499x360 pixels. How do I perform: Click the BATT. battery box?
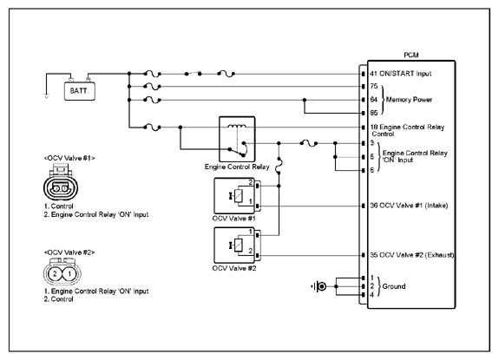coord(80,91)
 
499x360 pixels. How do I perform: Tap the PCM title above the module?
coord(411,55)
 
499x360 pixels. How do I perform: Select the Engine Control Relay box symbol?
coord(237,140)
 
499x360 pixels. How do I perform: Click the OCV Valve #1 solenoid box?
coord(234,195)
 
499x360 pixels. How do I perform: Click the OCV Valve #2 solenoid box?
coord(234,245)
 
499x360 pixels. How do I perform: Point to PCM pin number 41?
coord(374,74)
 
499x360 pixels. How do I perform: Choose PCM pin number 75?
coord(374,86)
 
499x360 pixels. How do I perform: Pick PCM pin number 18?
coord(374,127)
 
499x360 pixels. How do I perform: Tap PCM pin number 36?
coord(374,206)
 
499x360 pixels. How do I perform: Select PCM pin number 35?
coord(374,255)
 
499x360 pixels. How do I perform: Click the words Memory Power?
coord(410,100)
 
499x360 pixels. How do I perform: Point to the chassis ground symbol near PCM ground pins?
coord(318,286)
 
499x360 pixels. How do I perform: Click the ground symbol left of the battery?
coord(47,96)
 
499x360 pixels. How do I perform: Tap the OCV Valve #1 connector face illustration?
coord(61,182)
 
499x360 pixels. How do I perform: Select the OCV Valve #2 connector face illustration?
coord(62,272)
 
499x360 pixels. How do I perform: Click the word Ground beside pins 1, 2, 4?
coord(394,286)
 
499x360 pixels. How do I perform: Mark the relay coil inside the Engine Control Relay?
coord(237,126)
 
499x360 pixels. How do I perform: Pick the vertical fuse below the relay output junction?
coord(279,166)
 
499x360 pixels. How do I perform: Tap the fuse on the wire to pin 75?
coord(152,86)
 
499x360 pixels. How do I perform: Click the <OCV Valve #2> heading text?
coord(69,252)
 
